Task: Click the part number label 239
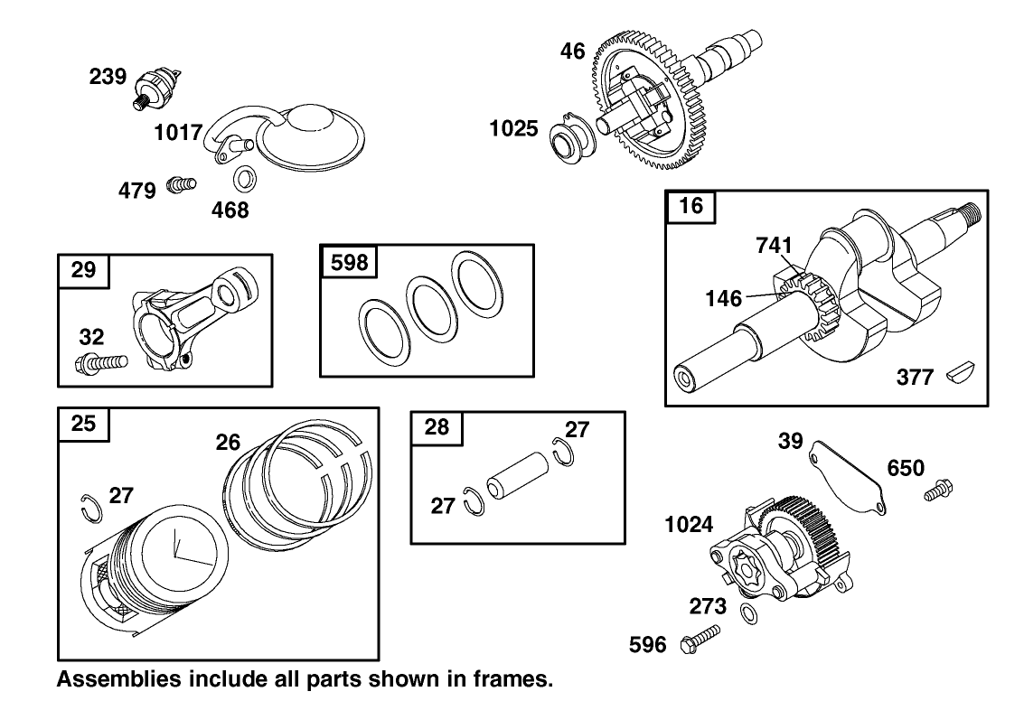click(x=108, y=78)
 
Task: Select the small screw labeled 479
click(x=182, y=186)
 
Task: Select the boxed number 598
click(x=349, y=262)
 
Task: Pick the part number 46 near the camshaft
click(x=572, y=51)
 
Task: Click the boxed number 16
click(x=690, y=207)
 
